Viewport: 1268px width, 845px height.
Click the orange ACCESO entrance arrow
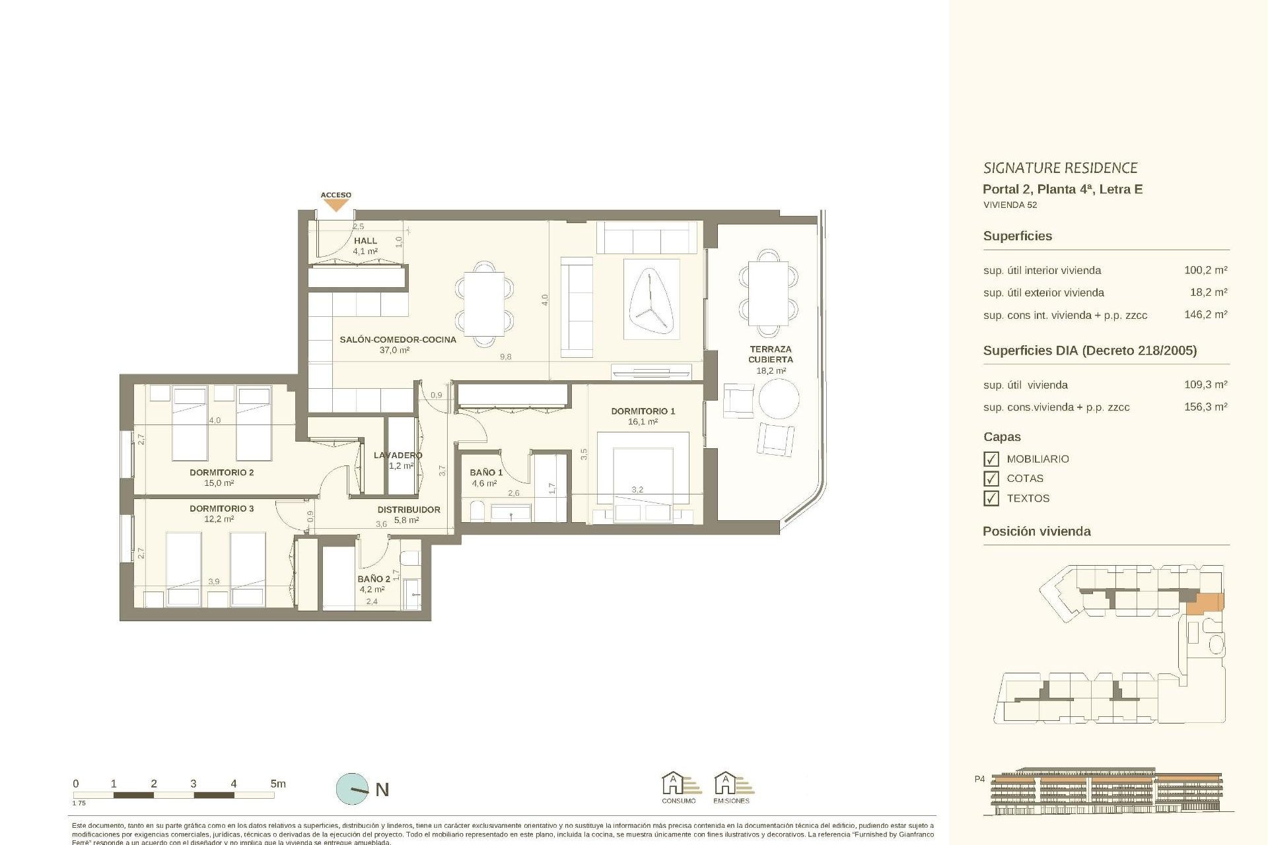click(335, 205)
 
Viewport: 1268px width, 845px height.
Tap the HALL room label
click(365, 241)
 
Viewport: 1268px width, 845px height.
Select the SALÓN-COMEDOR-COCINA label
click(398, 339)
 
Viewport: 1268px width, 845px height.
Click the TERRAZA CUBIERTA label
click(770, 354)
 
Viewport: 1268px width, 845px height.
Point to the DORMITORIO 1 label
click(643, 411)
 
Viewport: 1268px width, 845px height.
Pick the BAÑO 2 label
click(373, 579)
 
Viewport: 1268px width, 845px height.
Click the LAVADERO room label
click(398, 455)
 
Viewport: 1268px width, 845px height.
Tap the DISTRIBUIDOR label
click(408, 510)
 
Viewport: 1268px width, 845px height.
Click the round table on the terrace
click(779, 399)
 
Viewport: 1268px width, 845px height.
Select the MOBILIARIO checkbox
click(991, 459)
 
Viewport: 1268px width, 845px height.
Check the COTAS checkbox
click(991, 479)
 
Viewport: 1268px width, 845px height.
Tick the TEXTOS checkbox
click(991, 498)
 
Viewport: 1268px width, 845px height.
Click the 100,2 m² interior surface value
click(1205, 270)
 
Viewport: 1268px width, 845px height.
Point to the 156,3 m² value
click(1205, 407)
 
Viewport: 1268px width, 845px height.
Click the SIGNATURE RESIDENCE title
click(1060, 168)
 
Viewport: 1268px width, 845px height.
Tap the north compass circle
click(353, 789)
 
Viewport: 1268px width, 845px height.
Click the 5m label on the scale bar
click(278, 784)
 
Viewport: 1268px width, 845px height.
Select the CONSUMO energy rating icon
click(679, 787)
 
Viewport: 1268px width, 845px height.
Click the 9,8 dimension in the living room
click(505, 356)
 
